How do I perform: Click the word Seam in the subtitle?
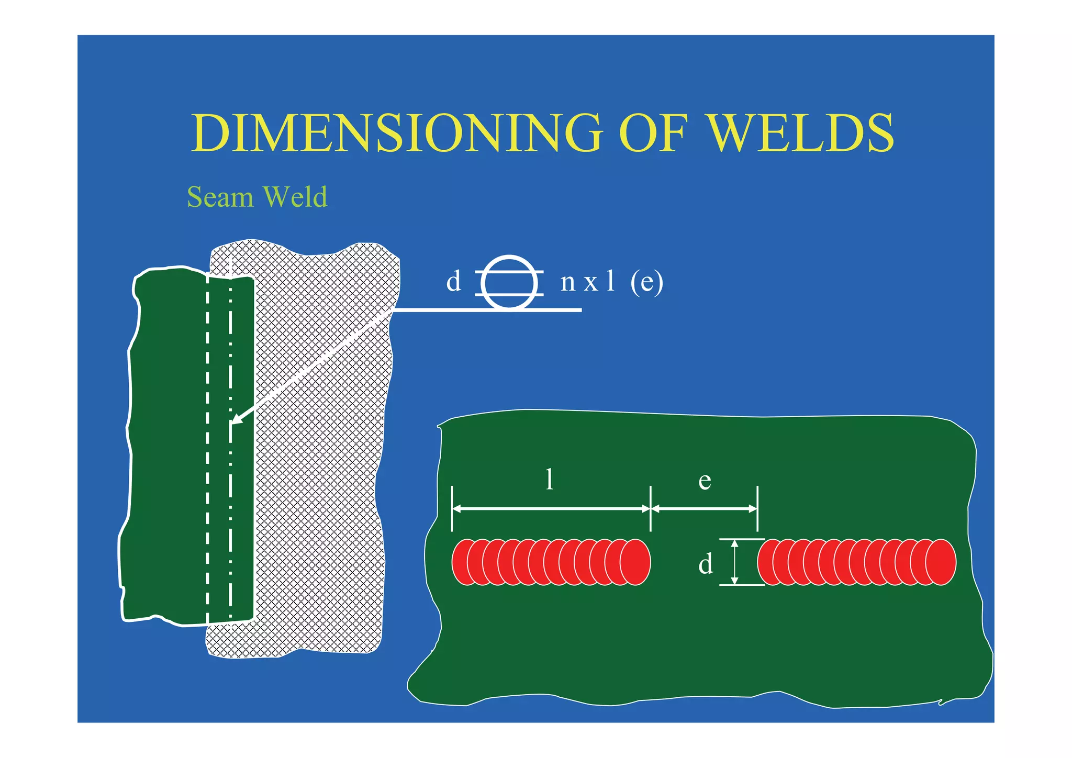point(220,197)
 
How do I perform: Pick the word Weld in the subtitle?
point(295,197)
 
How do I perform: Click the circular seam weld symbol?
point(509,283)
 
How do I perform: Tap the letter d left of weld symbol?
point(453,282)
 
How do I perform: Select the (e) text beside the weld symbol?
point(646,282)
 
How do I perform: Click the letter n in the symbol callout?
point(568,283)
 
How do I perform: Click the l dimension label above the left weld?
point(549,479)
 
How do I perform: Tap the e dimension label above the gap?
point(705,481)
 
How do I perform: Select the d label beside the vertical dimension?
point(706,564)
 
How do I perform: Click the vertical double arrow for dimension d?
point(734,562)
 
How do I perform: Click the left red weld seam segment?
point(551,562)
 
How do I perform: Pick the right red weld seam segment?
point(856,562)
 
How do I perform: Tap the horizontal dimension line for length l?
point(551,508)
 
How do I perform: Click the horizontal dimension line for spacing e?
point(704,508)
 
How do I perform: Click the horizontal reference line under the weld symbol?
point(487,310)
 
